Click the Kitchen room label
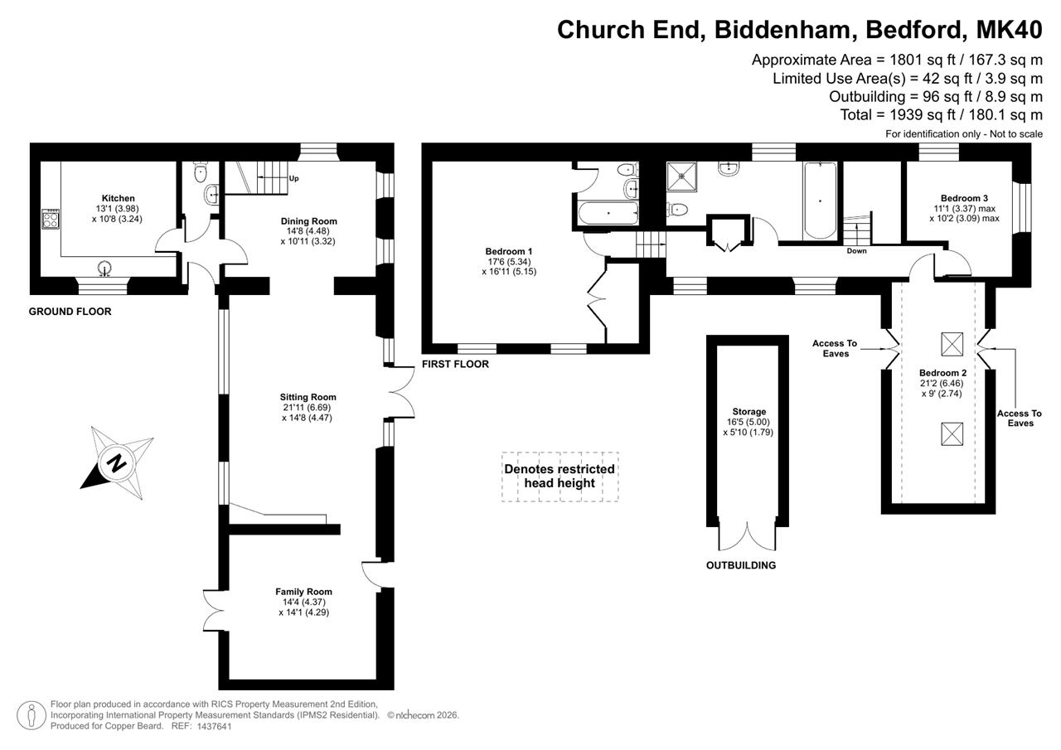click(119, 198)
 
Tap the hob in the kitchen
click(51, 220)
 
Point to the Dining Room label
click(309, 221)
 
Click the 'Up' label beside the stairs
click(293, 178)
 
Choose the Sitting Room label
click(308, 397)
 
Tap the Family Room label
click(303, 592)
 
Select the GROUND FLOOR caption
click(70, 312)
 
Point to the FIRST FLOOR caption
click(455, 364)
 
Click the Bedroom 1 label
click(509, 251)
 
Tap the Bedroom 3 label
click(964, 198)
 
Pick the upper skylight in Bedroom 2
click(952, 344)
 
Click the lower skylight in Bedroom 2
click(952, 434)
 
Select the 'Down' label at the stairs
click(856, 251)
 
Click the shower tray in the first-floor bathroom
click(681, 177)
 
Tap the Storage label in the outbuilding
click(749, 412)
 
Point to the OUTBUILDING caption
click(741, 565)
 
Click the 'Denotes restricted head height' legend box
click(560, 477)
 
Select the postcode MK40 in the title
click(1010, 29)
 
